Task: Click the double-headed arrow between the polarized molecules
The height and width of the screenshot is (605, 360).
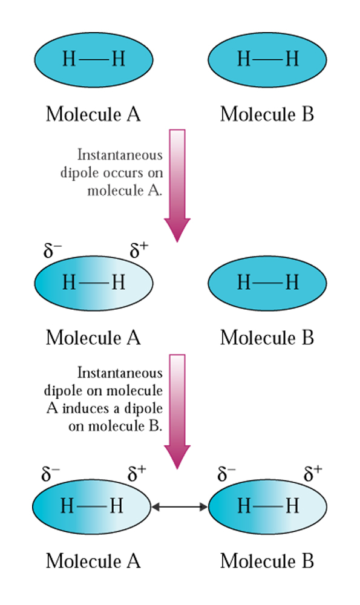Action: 179,506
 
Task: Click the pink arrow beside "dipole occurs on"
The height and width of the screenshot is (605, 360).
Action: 177,185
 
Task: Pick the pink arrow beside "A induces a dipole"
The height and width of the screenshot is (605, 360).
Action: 177,411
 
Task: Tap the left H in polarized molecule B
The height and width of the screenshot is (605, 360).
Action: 243,505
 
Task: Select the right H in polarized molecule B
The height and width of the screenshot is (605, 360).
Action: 292,505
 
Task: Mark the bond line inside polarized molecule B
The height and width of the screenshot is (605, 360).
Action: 268,506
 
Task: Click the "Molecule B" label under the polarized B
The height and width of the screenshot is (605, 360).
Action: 267,561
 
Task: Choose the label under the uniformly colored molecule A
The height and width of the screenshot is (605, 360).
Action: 93,114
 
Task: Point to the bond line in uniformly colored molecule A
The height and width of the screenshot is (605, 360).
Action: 94,59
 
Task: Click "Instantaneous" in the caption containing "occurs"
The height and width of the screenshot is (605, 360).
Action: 120,155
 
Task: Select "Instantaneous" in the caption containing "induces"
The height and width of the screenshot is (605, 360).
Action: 120,373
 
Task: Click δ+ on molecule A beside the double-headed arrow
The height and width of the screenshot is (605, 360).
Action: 137,474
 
